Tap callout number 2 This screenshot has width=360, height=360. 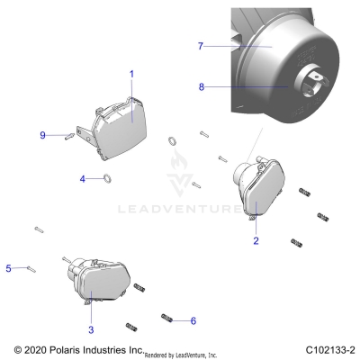point(256,240)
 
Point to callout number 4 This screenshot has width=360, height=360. point(82,179)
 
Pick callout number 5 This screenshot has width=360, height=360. point(8,267)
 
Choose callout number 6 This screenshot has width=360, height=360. point(192,320)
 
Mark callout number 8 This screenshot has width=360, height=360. point(202,86)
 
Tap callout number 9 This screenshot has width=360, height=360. point(42,135)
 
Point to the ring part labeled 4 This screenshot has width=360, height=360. point(104,178)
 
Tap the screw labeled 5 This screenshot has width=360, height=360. point(31,267)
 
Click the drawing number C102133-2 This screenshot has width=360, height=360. point(328,348)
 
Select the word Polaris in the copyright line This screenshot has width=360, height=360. point(76,348)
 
